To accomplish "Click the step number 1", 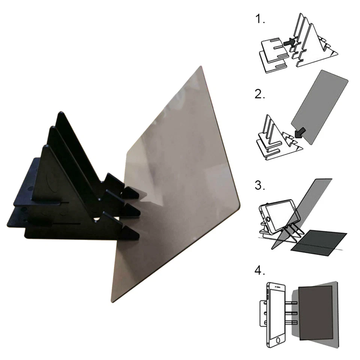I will [x=259, y=19].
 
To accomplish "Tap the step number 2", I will [x=259, y=94].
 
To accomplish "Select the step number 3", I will [x=260, y=186].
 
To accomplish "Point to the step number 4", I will [x=260, y=271].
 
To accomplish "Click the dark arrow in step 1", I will [x=289, y=43].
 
